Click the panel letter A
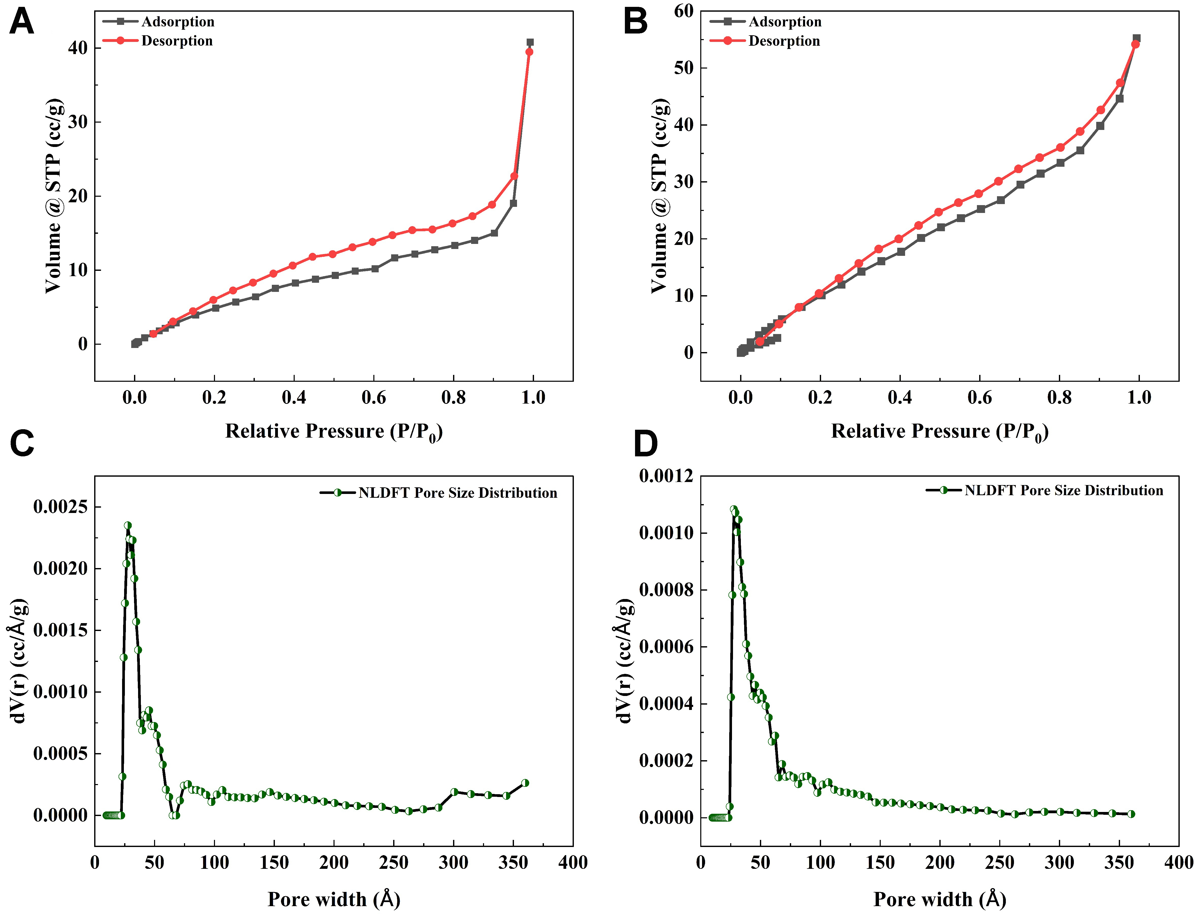tap(22, 23)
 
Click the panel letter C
tap(22, 443)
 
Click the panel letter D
tap(646, 443)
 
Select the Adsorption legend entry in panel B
tap(785, 22)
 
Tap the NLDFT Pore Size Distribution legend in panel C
tap(457, 493)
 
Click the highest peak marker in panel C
tap(128, 526)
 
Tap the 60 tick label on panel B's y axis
tap(683, 11)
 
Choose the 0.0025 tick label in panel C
tap(60, 507)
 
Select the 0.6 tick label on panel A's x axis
tap(374, 398)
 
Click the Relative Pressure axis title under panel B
tap(940, 432)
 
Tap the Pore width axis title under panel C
tap(334, 899)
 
